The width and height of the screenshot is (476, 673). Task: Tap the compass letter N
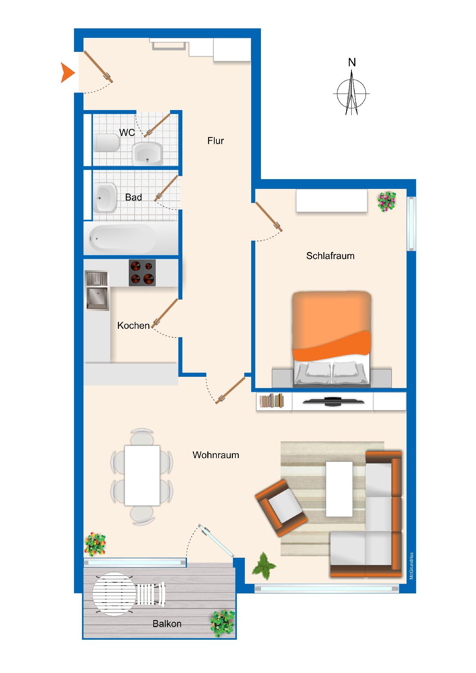tap(352, 62)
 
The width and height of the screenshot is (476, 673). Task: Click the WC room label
tap(127, 132)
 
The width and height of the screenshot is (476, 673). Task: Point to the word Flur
tap(215, 141)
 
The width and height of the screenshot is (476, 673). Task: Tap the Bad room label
tap(133, 197)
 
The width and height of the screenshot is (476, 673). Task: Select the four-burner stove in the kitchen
tap(142, 273)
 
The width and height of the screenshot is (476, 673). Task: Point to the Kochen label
tap(133, 326)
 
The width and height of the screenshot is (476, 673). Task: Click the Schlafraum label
tap(330, 256)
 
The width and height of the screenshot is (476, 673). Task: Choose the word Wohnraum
tap(216, 455)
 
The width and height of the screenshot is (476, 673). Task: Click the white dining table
tap(142, 475)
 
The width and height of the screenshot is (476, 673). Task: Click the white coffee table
tap(339, 489)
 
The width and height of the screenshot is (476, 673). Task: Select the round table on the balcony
tap(114, 594)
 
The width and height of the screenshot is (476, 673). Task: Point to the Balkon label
tap(167, 624)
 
